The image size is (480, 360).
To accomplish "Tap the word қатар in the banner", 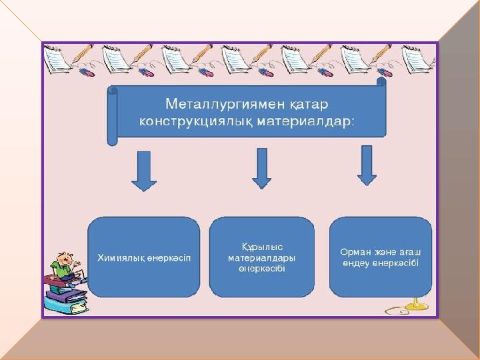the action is (309, 105).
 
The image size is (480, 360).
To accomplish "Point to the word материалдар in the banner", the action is (303, 121).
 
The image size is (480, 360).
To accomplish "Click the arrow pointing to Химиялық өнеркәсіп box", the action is (144, 171).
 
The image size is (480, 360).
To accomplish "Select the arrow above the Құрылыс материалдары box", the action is (262, 169).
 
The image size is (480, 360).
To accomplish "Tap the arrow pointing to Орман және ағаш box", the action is (367, 165).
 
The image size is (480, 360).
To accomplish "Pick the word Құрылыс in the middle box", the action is (262, 247).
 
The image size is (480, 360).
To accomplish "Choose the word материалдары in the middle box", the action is (262, 258).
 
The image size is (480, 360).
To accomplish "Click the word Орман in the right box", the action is (355, 252).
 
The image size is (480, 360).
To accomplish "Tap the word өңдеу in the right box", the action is (355, 263).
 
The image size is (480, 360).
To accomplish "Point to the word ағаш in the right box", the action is (410, 252).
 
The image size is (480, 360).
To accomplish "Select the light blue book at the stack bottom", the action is (66, 304).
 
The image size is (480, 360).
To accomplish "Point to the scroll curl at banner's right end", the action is (381, 83).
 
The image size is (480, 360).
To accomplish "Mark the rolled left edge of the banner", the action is (112, 116).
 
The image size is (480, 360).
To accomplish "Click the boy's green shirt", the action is (62, 271).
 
